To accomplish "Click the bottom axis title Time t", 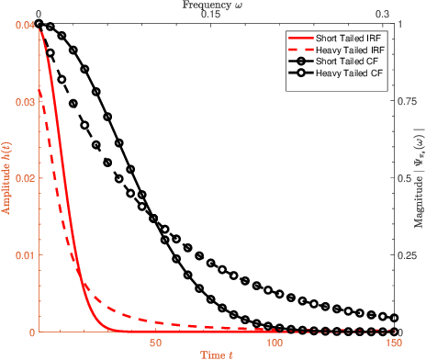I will point(216,353).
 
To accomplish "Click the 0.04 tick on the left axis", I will point(22,25).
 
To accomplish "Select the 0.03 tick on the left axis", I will point(22,101).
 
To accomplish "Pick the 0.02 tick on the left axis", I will point(22,178).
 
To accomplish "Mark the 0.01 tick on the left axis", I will point(22,254).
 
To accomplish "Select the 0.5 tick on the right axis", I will point(405,178).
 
